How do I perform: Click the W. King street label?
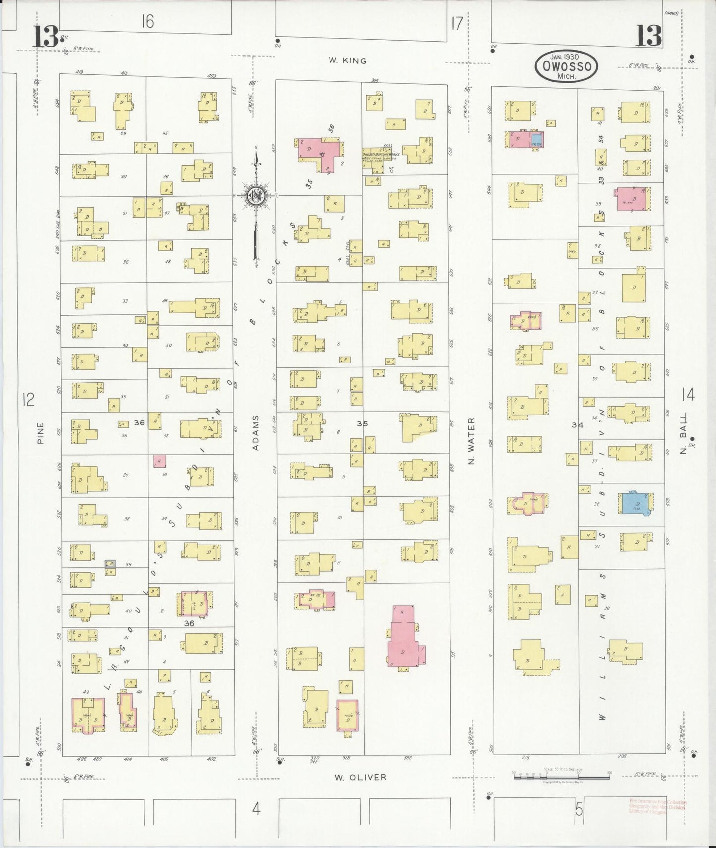click(x=347, y=61)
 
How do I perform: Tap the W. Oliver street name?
click(x=360, y=777)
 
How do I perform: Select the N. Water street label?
click(x=471, y=440)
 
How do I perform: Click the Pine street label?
click(x=40, y=432)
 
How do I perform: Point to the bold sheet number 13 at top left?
click(x=46, y=37)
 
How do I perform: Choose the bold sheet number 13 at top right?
click(x=648, y=36)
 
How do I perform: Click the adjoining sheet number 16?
click(x=147, y=21)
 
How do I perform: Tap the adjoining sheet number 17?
click(x=456, y=23)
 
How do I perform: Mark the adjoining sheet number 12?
click(x=28, y=399)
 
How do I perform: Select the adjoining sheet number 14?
click(x=688, y=395)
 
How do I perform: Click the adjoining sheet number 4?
click(x=256, y=809)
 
